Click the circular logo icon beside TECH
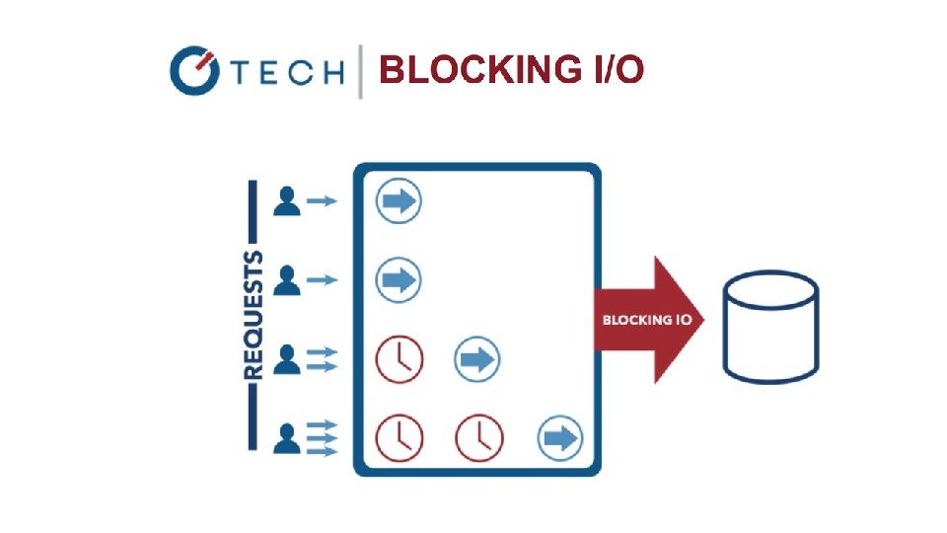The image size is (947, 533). [193, 71]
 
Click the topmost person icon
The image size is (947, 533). [287, 201]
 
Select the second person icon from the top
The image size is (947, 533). [287, 280]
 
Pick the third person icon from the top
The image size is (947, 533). [287, 359]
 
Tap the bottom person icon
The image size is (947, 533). [287, 437]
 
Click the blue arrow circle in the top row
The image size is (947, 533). [399, 201]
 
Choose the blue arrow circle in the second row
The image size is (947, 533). [399, 280]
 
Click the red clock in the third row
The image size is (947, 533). [399, 359]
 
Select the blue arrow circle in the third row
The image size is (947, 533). [477, 359]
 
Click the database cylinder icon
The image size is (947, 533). [769, 326]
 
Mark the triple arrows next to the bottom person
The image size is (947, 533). [323, 438]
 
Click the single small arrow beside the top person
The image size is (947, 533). [322, 201]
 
